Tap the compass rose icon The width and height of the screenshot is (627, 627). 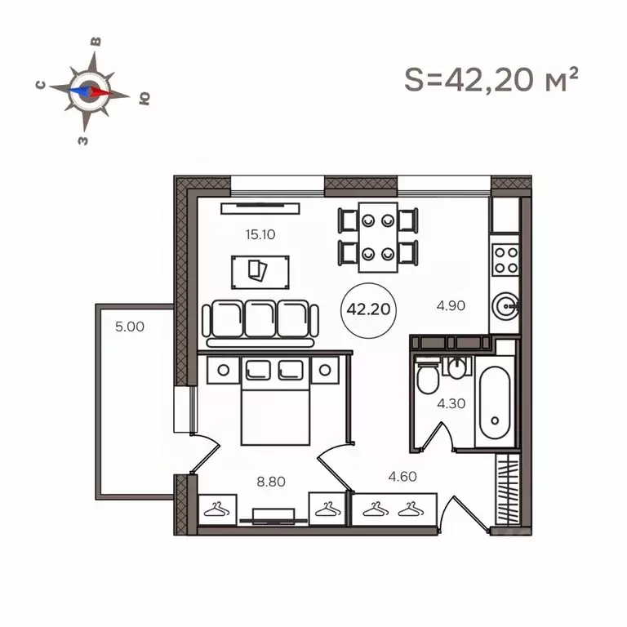[x=89, y=91]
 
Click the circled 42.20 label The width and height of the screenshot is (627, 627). [x=367, y=310]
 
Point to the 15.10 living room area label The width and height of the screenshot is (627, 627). [x=260, y=234]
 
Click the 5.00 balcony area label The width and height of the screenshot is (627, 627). [x=129, y=327]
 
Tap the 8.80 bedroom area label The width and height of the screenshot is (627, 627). [x=272, y=482]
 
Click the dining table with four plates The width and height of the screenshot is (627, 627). [x=378, y=236]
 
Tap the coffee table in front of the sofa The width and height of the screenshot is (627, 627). [x=260, y=271]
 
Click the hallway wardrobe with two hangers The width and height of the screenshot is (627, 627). [x=389, y=511]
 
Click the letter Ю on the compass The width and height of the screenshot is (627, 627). [x=145, y=99]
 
